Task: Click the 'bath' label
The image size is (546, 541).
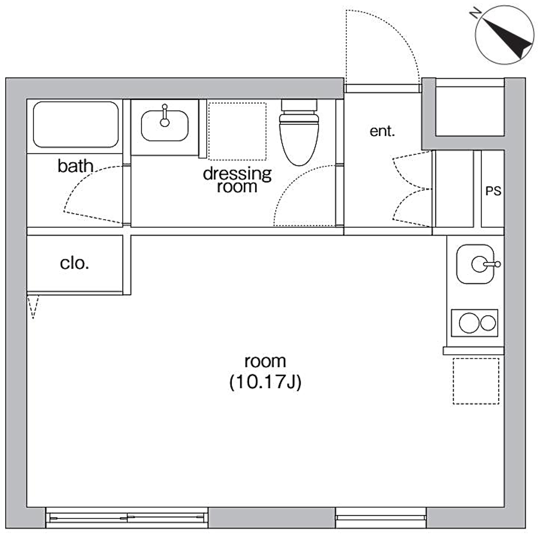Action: [75, 166]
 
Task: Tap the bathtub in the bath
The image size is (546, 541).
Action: [76, 125]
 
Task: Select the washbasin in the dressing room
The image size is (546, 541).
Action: [165, 125]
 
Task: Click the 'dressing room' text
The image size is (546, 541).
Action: [237, 180]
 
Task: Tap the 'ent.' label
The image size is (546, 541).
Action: [382, 131]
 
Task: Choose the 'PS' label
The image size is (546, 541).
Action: [493, 191]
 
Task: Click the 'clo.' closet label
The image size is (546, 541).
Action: [74, 263]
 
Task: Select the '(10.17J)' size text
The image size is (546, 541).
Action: [266, 382]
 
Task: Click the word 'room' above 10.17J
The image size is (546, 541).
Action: [266, 361]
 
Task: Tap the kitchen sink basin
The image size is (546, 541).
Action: [475, 264]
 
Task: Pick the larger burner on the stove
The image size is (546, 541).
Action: [469, 323]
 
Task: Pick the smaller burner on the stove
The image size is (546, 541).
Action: [488, 323]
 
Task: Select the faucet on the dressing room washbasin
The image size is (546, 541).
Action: [165, 115]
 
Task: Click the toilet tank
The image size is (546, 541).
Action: [299, 105]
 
